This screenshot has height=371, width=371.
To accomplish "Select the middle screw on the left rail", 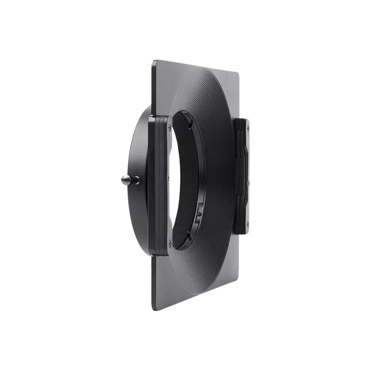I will click(169, 177).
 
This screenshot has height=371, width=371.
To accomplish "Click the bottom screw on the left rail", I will click(169, 242).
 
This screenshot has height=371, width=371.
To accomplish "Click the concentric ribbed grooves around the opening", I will click(218, 139).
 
